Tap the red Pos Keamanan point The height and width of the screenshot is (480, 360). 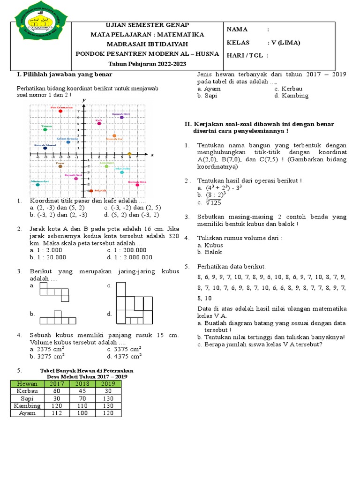60,111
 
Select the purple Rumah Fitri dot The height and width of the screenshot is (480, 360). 122,117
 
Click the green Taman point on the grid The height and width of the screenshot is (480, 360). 45,129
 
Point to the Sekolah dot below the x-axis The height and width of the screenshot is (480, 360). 91,191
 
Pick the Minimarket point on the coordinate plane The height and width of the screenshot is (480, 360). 37,185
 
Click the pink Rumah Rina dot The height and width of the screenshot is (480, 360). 137,185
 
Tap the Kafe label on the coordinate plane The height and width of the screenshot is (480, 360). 98,120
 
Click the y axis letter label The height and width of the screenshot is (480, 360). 83,100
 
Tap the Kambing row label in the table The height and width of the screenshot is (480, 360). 27,406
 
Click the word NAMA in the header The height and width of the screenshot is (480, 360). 237,30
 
